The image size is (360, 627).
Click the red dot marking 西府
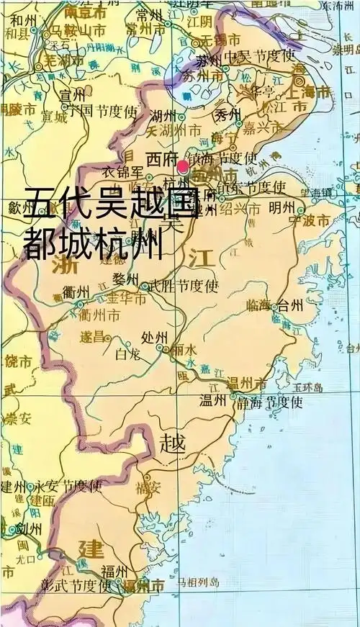pyautogui.click(x=183, y=166)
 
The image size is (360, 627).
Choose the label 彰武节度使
pyautogui.click(x=76, y=585)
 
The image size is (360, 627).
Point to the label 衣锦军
pyautogui.click(x=121, y=173)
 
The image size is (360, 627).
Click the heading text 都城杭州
pyautogui.click(x=94, y=245)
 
